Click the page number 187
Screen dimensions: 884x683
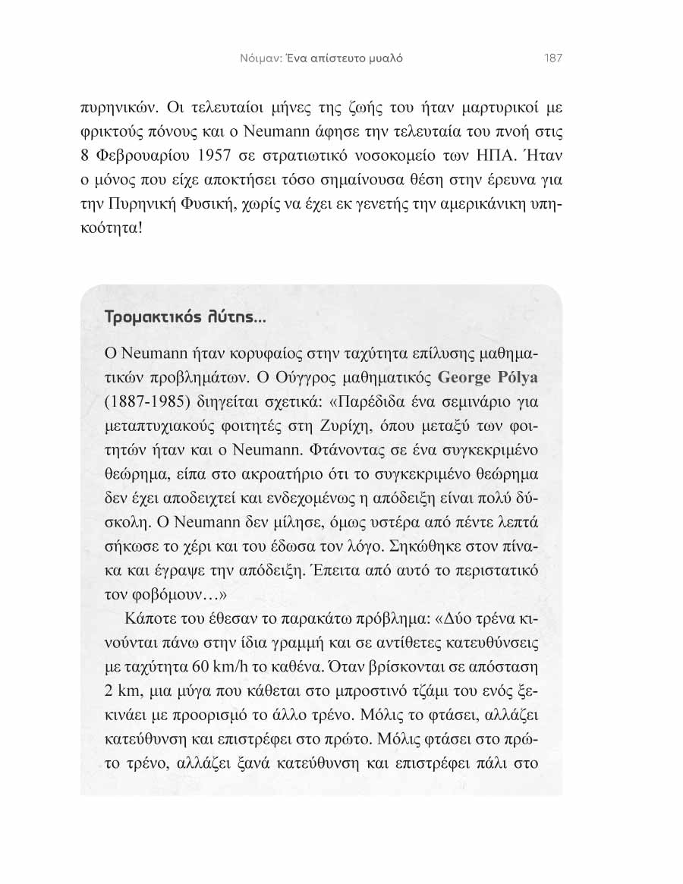click(552, 59)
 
